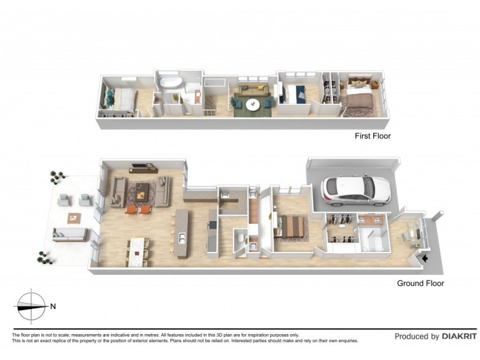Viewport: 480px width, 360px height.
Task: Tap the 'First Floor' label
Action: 372,136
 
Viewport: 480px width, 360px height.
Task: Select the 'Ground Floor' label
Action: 421,283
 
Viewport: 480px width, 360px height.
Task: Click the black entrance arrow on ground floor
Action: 425,259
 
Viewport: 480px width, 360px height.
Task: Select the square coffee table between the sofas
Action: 142,191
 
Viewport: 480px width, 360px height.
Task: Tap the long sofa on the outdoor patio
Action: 70,235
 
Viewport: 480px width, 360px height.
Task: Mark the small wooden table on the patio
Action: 74,218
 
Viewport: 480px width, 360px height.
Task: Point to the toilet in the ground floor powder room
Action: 239,239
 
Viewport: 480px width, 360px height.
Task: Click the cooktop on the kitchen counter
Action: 211,225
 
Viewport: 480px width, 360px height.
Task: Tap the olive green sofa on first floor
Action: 251,91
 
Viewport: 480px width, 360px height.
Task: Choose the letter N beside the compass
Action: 53,307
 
